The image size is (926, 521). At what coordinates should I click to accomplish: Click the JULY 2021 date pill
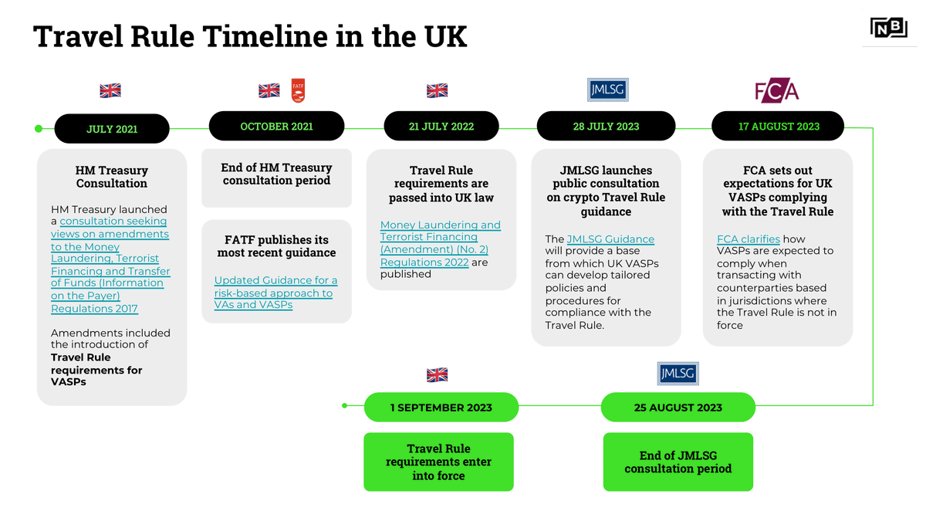(112, 129)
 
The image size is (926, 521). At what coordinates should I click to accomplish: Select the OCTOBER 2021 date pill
(276, 127)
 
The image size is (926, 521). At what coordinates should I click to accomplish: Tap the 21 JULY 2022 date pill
(441, 127)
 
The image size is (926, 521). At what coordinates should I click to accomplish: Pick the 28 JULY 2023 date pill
(606, 127)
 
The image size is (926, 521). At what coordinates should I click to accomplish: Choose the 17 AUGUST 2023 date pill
(778, 127)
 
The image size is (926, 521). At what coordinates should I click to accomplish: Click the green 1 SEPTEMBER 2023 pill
(441, 408)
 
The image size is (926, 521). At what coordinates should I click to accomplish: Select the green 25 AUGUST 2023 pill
(678, 408)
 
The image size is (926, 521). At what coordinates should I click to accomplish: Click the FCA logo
(776, 91)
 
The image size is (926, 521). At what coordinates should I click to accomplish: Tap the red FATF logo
(298, 90)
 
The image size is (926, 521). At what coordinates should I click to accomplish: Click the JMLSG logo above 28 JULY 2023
(607, 90)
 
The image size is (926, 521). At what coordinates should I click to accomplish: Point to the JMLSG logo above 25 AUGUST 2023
(678, 374)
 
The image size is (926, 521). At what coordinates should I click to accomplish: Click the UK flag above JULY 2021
(110, 90)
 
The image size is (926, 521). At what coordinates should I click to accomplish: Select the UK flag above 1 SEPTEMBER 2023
(437, 375)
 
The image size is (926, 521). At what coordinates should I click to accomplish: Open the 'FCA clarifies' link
(748, 239)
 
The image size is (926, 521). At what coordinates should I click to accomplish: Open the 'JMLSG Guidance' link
(610, 239)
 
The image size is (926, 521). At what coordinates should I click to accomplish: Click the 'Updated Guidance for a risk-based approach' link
(275, 293)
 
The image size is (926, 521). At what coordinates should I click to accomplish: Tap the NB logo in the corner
(888, 29)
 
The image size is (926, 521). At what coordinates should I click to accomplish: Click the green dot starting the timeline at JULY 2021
(39, 128)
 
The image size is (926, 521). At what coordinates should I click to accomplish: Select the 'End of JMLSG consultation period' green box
(678, 462)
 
